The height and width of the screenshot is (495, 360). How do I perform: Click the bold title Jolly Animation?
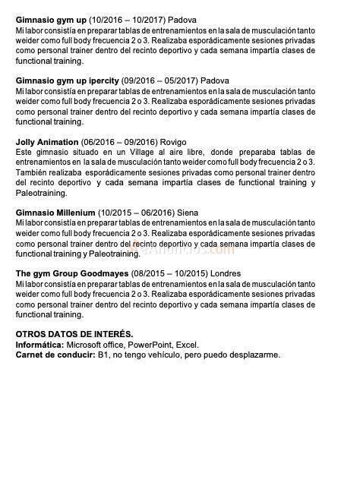47,142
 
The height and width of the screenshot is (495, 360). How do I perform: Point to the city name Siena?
187,213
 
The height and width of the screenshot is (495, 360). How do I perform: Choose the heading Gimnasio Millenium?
55,213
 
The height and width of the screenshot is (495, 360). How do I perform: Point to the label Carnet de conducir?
55,355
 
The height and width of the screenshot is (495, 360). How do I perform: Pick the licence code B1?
103,355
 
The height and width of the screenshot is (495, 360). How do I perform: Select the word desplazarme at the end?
255,355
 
